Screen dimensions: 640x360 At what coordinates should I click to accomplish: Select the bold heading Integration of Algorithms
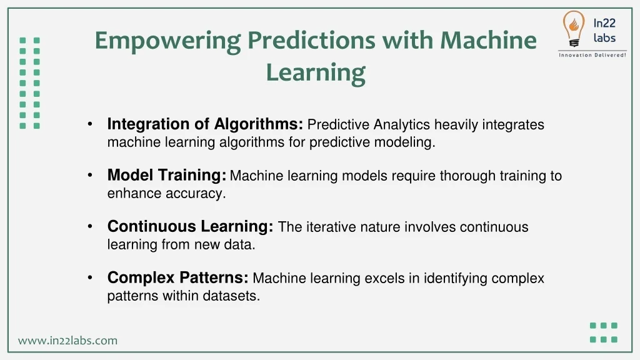pos(205,124)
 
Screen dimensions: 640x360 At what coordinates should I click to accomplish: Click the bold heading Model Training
pos(166,176)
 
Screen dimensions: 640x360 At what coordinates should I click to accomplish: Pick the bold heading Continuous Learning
pos(190,226)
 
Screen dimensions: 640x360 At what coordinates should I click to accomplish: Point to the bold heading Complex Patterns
pos(178,277)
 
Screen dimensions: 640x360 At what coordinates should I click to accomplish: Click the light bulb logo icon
pos(574,29)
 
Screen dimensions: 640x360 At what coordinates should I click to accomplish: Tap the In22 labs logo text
pos(604,31)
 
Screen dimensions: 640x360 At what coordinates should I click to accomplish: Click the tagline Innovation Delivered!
pos(592,55)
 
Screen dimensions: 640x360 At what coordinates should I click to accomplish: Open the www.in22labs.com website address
pos(67,341)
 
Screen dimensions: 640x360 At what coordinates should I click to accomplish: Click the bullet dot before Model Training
pos(90,175)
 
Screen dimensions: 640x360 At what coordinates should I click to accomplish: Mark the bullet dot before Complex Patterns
pos(90,277)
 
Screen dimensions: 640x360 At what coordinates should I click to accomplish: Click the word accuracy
pos(196,194)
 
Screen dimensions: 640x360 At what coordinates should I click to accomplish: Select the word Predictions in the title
pos(311,41)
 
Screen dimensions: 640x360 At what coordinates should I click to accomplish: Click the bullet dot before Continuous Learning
pos(90,226)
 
